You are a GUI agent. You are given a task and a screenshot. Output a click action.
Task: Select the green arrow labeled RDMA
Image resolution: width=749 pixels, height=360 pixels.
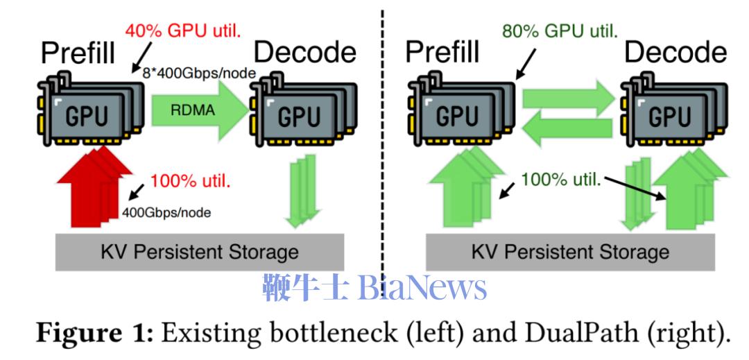(196, 109)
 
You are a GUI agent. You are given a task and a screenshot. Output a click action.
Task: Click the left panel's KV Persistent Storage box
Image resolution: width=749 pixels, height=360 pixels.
(199, 250)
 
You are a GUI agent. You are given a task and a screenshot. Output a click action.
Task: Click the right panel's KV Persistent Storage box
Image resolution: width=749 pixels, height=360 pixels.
(571, 250)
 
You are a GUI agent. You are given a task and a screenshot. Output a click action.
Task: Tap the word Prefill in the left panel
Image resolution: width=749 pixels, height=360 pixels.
(76, 53)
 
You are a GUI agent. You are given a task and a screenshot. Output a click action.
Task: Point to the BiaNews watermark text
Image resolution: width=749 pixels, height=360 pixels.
(374, 286)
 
